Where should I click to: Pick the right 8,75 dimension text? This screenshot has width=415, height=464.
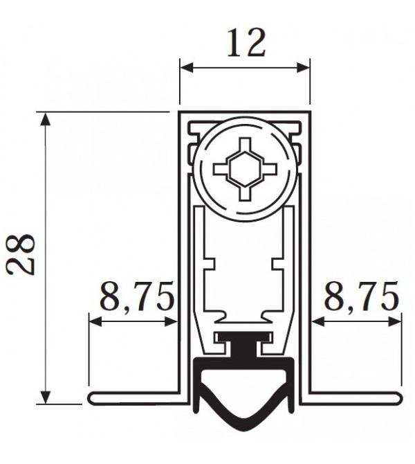tap(362, 298)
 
